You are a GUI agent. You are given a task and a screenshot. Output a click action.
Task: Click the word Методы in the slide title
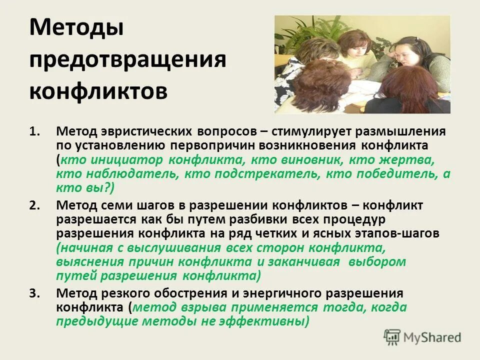coord(76,29)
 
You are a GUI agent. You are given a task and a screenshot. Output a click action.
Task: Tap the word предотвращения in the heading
coord(127,60)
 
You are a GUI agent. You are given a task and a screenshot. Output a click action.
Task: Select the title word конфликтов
coord(98,91)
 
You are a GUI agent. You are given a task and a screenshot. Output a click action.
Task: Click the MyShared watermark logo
coord(422,336)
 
